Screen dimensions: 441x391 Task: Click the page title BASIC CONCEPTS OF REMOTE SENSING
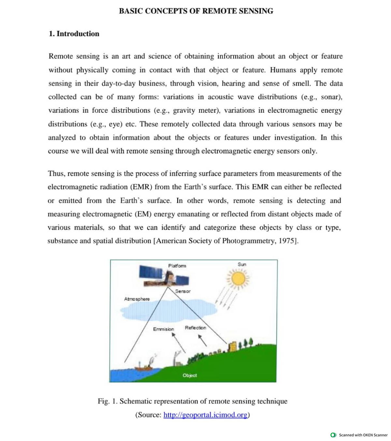pos(196,11)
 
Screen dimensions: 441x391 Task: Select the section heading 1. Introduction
pos(74,34)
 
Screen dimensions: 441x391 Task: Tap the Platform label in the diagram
pos(177,266)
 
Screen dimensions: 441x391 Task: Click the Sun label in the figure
pos(242,264)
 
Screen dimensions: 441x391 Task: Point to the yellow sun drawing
pos(239,279)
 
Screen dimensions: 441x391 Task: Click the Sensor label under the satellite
pos(182,291)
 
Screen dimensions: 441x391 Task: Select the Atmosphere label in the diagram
pos(137,299)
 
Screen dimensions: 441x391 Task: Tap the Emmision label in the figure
pos(163,329)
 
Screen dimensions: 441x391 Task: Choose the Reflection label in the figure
pos(195,328)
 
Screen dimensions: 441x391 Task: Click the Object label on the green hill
pos(190,375)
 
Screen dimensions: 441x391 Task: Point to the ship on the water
pos(144,367)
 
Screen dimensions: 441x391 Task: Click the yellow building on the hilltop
pos(233,346)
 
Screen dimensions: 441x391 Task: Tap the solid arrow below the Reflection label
pos(203,340)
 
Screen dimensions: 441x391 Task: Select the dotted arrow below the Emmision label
pos(179,343)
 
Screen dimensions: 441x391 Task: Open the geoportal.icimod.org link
pos(205,415)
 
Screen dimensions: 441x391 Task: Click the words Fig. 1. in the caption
pos(107,401)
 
